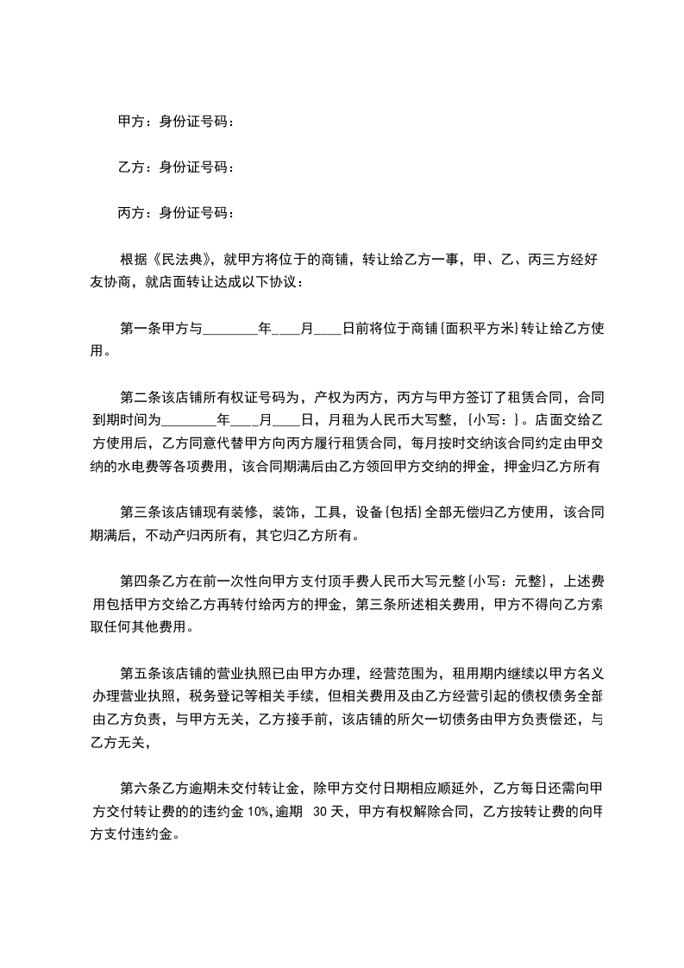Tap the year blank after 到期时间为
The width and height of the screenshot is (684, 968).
[x=189, y=422]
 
